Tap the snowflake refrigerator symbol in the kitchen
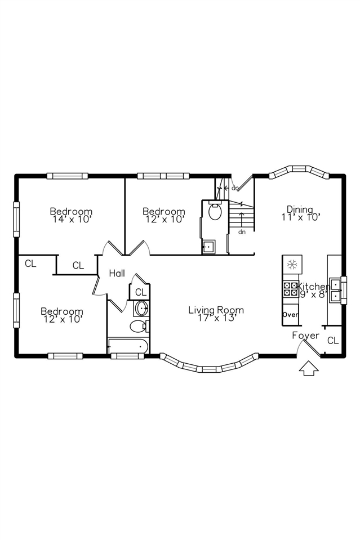[x=292, y=264]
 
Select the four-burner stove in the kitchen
[x=291, y=289]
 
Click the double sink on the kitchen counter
[x=336, y=290]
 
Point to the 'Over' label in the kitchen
[x=290, y=314]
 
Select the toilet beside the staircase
[x=215, y=212]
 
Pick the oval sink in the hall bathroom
[x=141, y=308]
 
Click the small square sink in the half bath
[x=208, y=246]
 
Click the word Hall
[x=117, y=273]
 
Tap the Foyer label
[x=305, y=336]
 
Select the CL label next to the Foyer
[x=333, y=340]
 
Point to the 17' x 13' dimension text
[x=216, y=318]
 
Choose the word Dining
[x=300, y=209]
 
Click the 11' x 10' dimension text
[x=301, y=217]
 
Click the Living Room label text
[x=216, y=310]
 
